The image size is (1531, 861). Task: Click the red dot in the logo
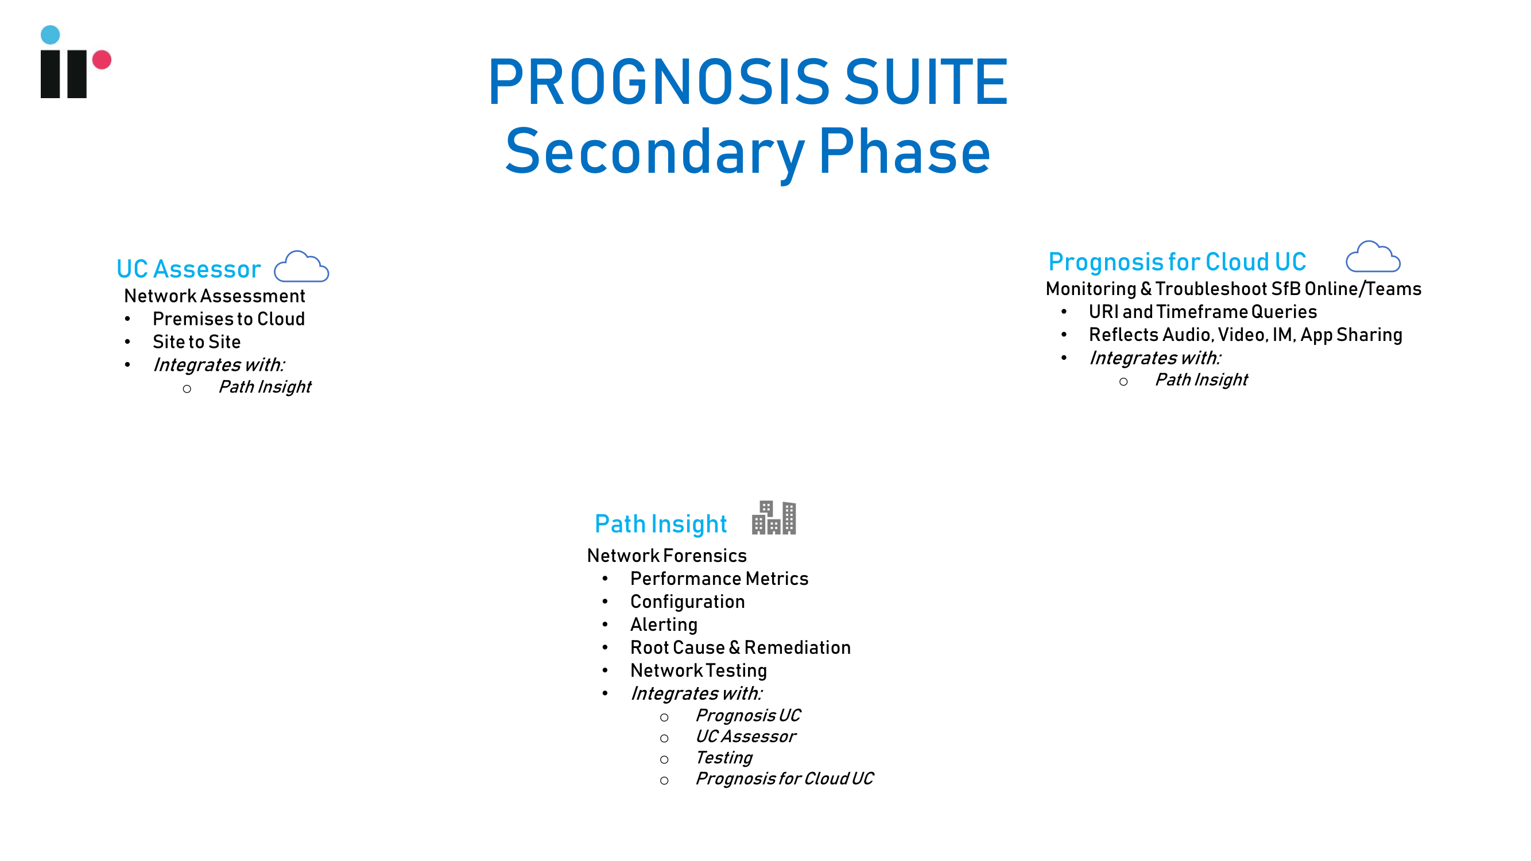tap(102, 60)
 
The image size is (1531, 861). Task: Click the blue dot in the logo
tap(51, 34)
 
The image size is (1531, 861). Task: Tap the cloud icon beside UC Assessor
tap(301, 266)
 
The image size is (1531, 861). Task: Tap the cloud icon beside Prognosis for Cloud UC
tap(1373, 257)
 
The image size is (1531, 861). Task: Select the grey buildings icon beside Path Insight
tap(774, 518)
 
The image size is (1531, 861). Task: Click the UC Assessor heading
tap(189, 269)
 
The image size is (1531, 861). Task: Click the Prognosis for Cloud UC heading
tap(1177, 262)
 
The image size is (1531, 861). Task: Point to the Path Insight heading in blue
tap(661, 524)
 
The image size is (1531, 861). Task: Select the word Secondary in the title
tap(654, 153)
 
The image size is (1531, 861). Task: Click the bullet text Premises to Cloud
tap(229, 319)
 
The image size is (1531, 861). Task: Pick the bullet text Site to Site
tap(197, 342)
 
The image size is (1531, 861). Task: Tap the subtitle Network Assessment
tap(215, 296)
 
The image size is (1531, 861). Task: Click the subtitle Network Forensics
tap(667, 556)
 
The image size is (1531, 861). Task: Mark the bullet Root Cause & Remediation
tap(741, 647)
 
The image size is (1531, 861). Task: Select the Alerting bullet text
tap(664, 625)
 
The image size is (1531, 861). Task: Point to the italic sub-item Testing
tap(724, 758)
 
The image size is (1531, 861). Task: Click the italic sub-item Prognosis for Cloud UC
tap(785, 778)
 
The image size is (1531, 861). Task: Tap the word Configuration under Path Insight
tap(688, 602)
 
